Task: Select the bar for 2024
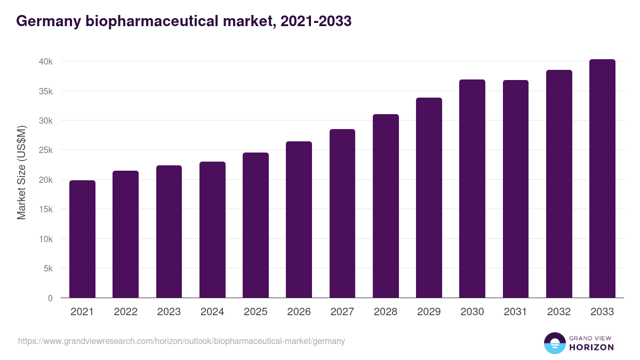point(212,229)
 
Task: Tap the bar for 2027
point(342,213)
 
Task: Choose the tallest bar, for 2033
point(602,178)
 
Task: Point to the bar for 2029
point(429,197)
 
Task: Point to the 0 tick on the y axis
point(50,298)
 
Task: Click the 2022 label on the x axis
point(125,312)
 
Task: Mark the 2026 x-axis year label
point(299,312)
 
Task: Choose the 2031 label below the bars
point(515,312)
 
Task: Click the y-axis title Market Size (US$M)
point(21,172)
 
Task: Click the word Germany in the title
point(47,21)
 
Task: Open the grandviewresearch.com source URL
point(181,341)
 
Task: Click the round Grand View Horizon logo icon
point(554,343)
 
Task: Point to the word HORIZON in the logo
point(591,347)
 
